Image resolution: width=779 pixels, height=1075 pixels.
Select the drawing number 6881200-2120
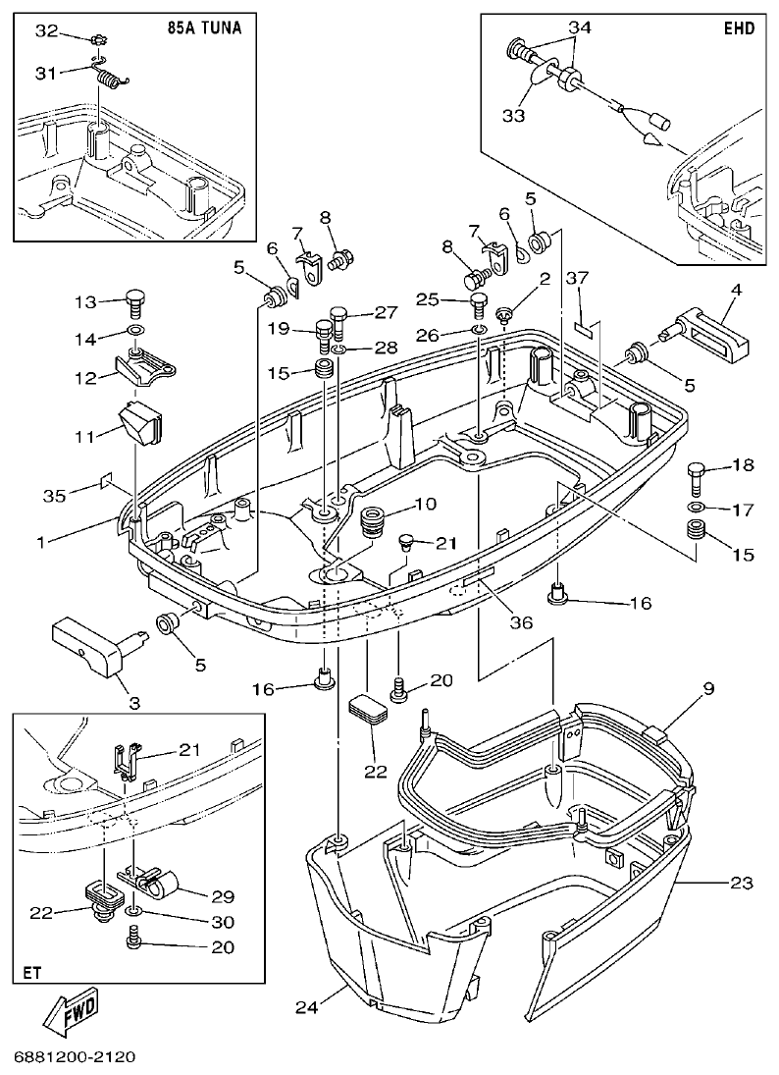tap(74, 1057)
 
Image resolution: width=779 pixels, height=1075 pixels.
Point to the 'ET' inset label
tap(31, 972)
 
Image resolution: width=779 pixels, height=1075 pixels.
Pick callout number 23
tap(741, 884)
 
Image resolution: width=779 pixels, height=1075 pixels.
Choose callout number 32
tap(46, 31)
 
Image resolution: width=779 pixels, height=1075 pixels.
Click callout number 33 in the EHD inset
tap(513, 115)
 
